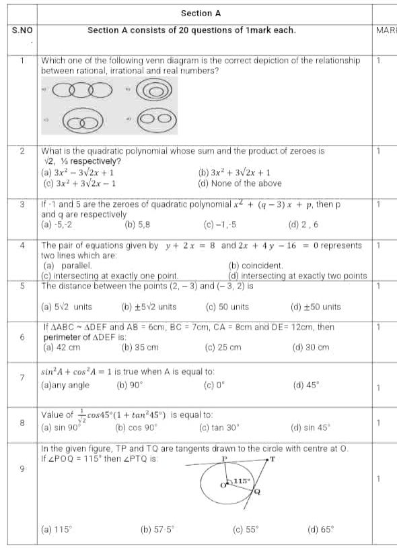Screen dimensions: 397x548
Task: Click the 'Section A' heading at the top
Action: [201, 13]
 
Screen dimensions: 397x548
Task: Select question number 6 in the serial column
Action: [22, 337]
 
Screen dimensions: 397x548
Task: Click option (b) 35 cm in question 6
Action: [140, 348]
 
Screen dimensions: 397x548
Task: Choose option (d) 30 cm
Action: [311, 348]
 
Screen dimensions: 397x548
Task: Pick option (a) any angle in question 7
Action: [65, 386]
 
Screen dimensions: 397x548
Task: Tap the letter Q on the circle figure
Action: [256, 493]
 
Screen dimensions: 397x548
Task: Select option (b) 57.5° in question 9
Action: [157, 530]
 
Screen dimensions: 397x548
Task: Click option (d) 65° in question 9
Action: [320, 530]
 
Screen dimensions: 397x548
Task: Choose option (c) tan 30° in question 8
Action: [219, 427]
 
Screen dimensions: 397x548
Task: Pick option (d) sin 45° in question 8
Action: [311, 427]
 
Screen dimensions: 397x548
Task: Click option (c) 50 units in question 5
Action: [227, 307]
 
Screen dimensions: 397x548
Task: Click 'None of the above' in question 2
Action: [240, 183]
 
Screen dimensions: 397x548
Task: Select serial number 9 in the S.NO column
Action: [22, 470]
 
